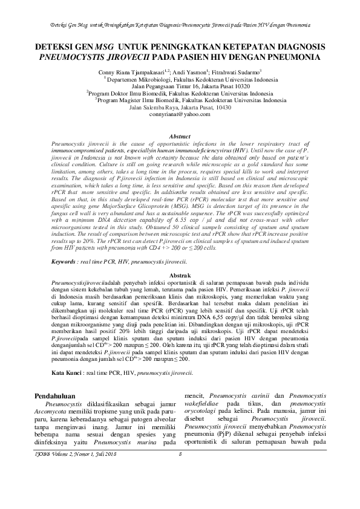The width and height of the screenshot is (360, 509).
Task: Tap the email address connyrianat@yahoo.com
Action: pyautogui.click(x=180, y=114)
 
